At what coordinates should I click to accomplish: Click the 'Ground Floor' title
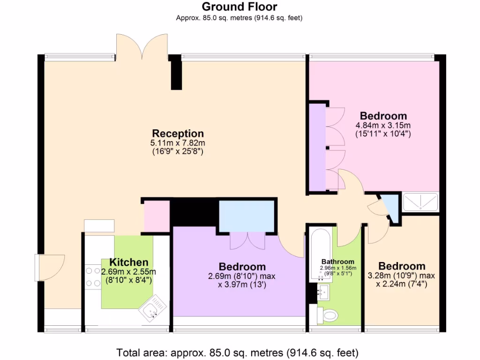coord(239,7)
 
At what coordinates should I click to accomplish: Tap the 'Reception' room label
coord(178,134)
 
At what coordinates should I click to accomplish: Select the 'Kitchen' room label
coord(128,262)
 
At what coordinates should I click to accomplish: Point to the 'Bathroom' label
coord(337,262)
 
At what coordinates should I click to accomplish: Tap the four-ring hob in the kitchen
coord(90,277)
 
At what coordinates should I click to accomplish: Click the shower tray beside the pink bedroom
coord(420,201)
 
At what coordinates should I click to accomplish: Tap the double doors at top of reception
coord(142,47)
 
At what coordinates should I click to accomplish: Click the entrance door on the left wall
coord(50,268)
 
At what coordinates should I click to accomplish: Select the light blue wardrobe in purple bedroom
coord(247,216)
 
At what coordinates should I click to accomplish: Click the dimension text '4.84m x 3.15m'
coord(383,125)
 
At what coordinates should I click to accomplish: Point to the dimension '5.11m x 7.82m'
coord(178,143)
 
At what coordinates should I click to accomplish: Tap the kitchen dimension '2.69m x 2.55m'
coord(128,272)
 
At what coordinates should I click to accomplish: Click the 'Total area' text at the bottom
coord(238,352)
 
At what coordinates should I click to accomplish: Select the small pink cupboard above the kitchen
coord(156,216)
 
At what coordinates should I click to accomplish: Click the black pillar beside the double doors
coord(176,72)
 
